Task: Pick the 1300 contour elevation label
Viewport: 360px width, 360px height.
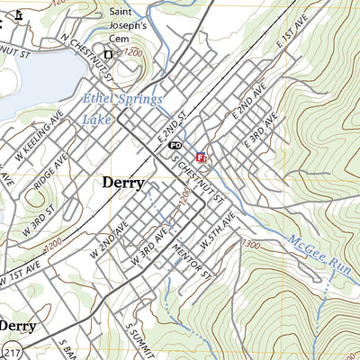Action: pos(250,244)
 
